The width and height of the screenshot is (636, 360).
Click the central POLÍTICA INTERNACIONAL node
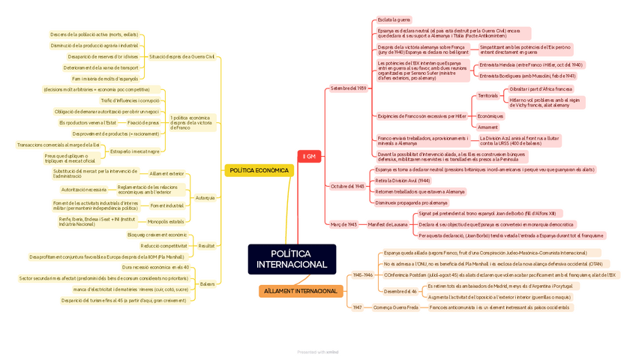[x=292, y=259]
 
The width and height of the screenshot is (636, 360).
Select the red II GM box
[x=309, y=157]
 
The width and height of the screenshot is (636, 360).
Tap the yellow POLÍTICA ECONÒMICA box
[x=259, y=170]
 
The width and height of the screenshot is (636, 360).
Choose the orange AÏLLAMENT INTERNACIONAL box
[x=300, y=291]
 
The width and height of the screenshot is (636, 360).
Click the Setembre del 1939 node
[x=349, y=88]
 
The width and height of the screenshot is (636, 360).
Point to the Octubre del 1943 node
[x=347, y=186]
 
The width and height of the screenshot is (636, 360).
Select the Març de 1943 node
[x=342, y=224]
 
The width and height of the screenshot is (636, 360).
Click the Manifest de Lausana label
[x=388, y=224]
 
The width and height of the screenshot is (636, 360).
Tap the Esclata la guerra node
[x=394, y=19]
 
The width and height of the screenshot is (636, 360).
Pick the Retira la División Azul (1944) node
[x=403, y=181]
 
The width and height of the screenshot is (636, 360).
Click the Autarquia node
[x=205, y=198]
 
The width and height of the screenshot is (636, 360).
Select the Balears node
[x=207, y=284]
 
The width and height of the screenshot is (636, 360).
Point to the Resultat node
[x=206, y=246]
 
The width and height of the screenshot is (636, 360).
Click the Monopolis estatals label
[x=166, y=221]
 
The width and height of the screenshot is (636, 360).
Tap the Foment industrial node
[x=167, y=205]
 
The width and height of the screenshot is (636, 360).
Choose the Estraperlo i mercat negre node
[x=135, y=151]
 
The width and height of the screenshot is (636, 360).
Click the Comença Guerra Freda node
[x=396, y=307]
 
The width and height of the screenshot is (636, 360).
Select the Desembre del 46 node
[x=400, y=292]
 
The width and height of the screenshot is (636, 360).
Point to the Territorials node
[x=487, y=96]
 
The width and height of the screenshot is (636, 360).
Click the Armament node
[x=487, y=127]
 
